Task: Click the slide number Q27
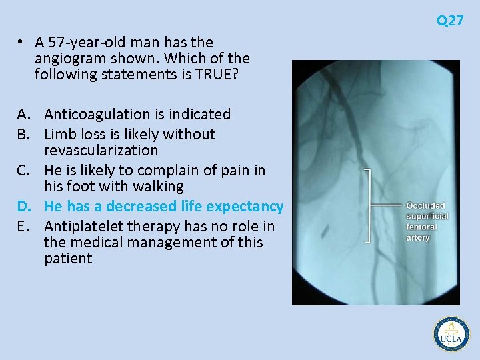coord(450,21)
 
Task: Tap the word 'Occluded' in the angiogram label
coord(425,206)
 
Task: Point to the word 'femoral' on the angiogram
coord(422,227)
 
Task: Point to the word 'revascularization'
coord(101,151)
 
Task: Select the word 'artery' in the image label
coord(418,238)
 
